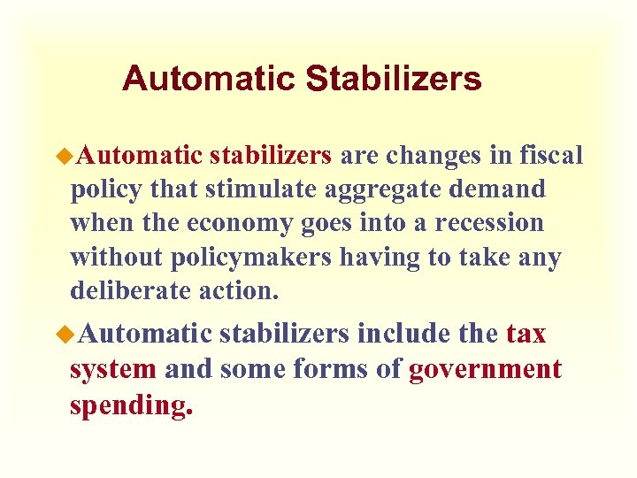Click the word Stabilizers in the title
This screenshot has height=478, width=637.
(x=394, y=79)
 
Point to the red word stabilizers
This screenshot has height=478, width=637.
(x=271, y=157)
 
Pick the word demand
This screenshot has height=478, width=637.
(x=501, y=190)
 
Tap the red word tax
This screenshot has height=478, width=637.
(x=526, y=335)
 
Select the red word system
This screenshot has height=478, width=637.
(x=113, y=369)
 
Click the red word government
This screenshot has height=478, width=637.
(x=486, y=370)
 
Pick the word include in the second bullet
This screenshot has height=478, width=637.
(x=404, y=335)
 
